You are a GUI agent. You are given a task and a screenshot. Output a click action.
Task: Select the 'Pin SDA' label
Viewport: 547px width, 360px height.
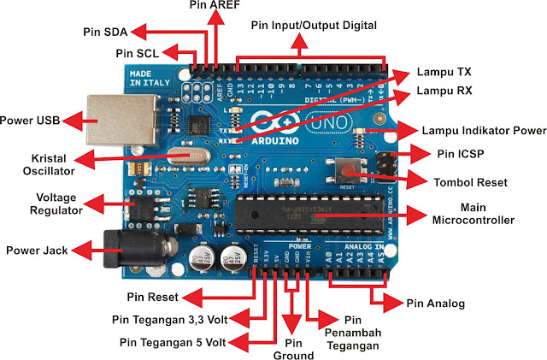(x=106, y=32)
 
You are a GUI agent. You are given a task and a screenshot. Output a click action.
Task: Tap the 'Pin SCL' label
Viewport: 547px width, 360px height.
(x=135, y=53)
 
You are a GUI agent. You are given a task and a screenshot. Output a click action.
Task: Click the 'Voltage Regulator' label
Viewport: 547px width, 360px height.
(x=32, y=203)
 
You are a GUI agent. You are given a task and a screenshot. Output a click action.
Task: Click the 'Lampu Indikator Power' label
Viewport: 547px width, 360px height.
(x=484, y=131)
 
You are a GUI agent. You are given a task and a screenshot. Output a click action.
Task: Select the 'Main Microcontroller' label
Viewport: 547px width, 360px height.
(x=475, y=213)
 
